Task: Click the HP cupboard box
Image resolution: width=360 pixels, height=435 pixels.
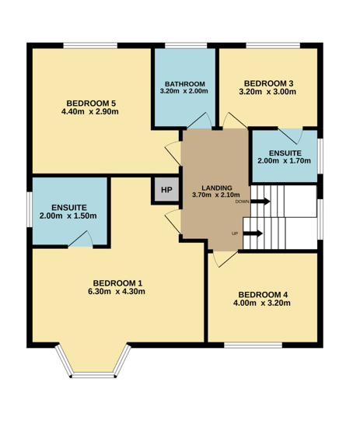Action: pos(166,190)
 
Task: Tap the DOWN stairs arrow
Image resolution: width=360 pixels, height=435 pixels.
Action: pos(260,201)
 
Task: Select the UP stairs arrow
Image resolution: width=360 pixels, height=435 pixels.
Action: pos(253,233)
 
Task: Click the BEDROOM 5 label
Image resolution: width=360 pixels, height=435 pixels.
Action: pos(91,103)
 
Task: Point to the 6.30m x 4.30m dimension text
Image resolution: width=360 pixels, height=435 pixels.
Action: pos(117,292)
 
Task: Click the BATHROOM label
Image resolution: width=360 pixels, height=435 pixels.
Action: pos(185,84)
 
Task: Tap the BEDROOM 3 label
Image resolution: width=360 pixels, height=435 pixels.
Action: pos(268,83)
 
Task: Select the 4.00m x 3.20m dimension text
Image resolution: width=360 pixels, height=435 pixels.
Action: pos(262,303)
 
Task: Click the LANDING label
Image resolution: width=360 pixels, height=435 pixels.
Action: pos(217,188)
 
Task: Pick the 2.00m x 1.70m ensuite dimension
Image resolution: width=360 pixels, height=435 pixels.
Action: pos(284,160)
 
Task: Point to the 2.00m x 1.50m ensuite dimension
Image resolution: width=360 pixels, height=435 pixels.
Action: pos(68,216)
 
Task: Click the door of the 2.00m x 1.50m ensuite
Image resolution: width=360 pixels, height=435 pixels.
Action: pos(80,239)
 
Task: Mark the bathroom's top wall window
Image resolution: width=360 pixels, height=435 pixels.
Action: pos(186,45)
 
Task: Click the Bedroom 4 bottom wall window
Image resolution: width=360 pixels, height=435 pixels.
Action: pos(253,345)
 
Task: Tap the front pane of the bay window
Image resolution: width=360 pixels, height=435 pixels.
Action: pos(93,376)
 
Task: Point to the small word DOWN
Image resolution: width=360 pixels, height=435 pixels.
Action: pos(243,202)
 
